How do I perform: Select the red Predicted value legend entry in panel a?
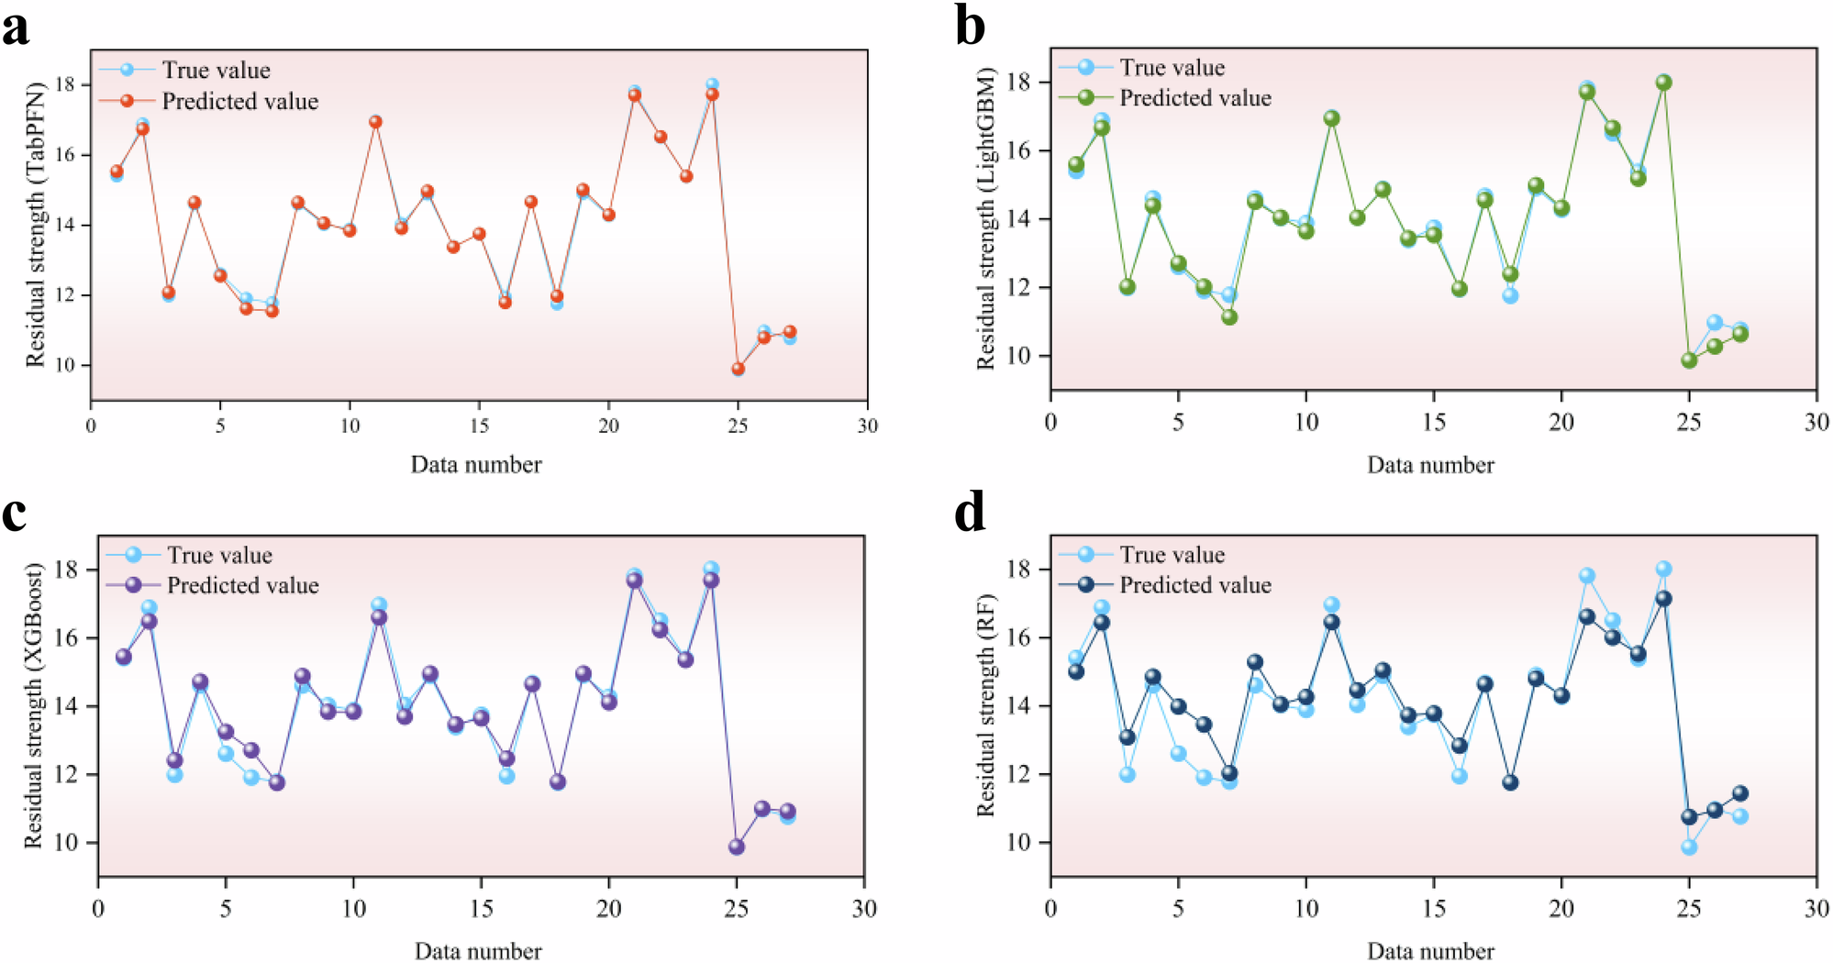[x=239, y=101]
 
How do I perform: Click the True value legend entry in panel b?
[x=1172, y=67]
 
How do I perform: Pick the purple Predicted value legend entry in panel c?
[x=242, y=585]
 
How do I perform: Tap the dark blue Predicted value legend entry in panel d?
[x=1194, y=584]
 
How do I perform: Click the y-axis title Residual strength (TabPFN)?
[x=35, y=225]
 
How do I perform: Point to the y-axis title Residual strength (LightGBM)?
[x=986, y=218]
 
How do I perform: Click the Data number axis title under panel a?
[x=475, y=464]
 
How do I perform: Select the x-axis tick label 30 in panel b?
[x=1816, y=422]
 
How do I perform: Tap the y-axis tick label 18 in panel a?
[x=64, y=84]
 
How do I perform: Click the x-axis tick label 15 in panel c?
[x=481, y=908]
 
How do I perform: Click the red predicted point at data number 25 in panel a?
[x=738, y=369]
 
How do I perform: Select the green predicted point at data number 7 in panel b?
[x=1229, y=317]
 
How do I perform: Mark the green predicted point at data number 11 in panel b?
[x=1331, y=118]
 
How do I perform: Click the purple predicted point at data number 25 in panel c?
[x=736, y=847]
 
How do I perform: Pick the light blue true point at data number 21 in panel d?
[x=1586, y=576]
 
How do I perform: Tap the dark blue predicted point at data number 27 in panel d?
[x=1739, y=793]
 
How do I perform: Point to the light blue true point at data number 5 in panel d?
[x=1178, y=753]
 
